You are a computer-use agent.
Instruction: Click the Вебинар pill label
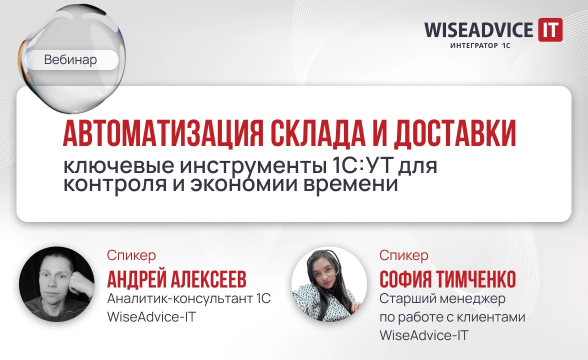point(70,60)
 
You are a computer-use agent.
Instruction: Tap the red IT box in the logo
point(549,29)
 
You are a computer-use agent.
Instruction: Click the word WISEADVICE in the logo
point(478,30)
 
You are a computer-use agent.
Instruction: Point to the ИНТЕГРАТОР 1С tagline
point(480,46)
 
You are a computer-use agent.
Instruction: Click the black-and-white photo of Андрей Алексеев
point(56,283)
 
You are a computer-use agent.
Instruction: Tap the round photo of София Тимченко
point(329,283)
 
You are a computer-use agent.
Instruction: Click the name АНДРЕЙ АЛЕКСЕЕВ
point(176,280)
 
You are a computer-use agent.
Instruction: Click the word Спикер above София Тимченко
point(403,255)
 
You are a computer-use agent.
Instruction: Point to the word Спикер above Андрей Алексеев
point(131,255)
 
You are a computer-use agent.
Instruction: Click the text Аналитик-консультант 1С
point(189,299)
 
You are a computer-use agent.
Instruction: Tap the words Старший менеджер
point(442,299)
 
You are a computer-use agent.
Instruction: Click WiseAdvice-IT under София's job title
point(424,335)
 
